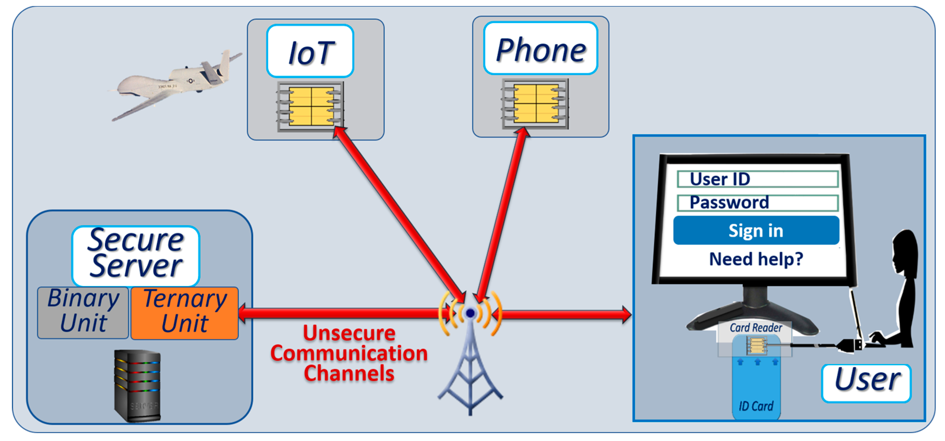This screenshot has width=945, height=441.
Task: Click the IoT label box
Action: [310, 51]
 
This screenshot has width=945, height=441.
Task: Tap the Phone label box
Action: [540, 48]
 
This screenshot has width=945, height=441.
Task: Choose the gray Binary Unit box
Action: [83, 312]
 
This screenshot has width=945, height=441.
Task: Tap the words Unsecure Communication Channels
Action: [349, 353]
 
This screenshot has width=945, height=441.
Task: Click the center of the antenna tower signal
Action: [470, 313]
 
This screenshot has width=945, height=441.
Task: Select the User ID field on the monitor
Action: [757, 179]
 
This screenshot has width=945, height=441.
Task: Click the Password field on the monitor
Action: [757, 203]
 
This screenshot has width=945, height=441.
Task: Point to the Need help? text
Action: [756, 259]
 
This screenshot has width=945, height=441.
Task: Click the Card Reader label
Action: [756, 328]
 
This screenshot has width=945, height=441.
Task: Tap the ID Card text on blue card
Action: [756, 406]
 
